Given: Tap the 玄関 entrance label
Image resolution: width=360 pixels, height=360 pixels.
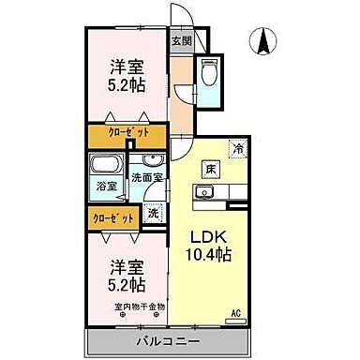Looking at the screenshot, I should click(x=182, y=41).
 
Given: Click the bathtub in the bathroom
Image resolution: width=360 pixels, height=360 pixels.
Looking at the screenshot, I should click(x=106, y=167).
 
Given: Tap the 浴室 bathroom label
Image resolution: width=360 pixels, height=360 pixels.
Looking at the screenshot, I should click(x=107, y=186).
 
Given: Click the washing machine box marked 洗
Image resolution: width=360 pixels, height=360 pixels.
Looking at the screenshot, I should click(x=154, y=212).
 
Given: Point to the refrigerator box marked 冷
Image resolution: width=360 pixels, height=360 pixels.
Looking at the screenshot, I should click(x=238, y=148).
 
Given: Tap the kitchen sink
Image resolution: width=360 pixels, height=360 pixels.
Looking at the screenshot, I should click(x=205, y=193).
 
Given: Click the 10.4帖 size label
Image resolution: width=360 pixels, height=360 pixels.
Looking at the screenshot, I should click(x=211, y=255).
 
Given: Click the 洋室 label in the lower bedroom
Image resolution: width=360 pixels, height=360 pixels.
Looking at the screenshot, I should click(x=125, y=265).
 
